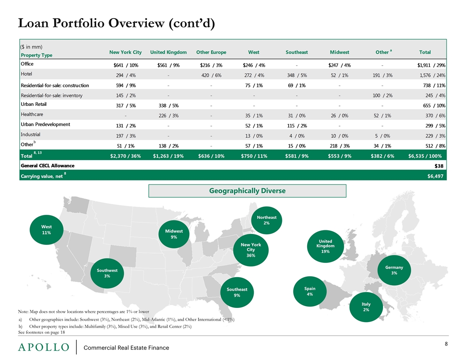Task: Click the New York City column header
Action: point(125,52)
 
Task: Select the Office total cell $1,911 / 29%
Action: point(431,65)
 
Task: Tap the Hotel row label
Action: point(26,74)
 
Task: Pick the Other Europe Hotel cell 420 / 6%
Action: point(211,75)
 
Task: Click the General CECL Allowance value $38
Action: point(439,166)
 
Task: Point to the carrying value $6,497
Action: point(436,176)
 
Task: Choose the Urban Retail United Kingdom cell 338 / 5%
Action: point(169,106)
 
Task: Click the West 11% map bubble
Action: point(46,230)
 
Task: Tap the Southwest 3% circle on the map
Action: point(107,273)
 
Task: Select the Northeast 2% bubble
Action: point(267,221)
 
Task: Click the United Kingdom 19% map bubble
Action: point(325,246)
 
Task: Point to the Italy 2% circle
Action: point(366,307)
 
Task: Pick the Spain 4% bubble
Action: point(310,291)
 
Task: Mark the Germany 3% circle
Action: point(394,270)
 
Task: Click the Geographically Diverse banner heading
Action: point(247,191)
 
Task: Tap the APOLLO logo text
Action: point(44,347)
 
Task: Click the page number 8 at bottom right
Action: point(446,344)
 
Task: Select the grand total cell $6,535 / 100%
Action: point(425,156)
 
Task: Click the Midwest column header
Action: point(339,52)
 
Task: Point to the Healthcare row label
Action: point(32,114)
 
